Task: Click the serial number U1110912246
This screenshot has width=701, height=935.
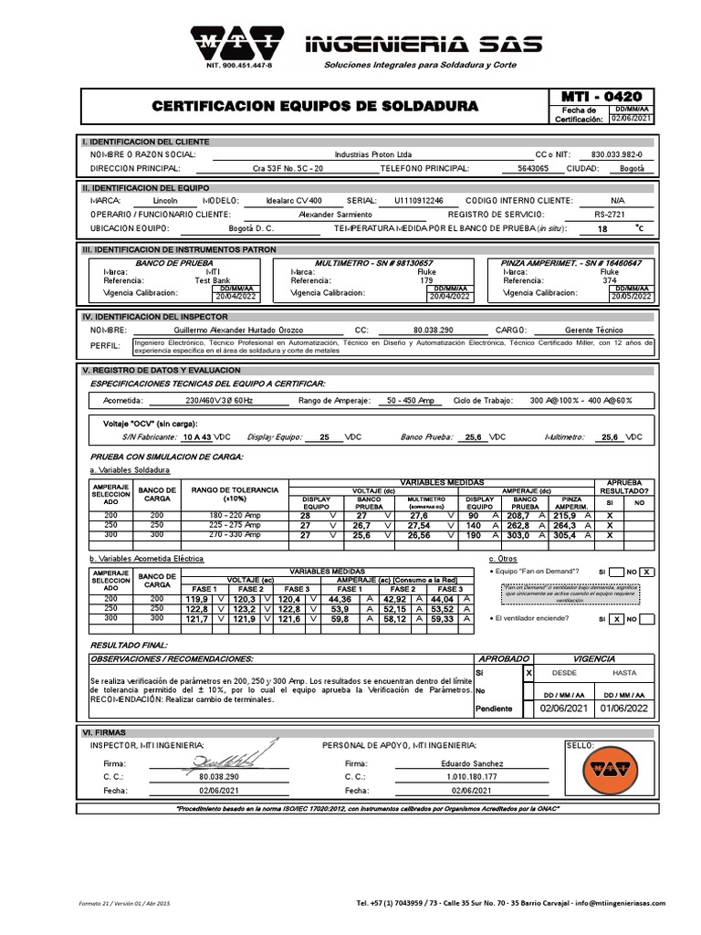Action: coord(419,199)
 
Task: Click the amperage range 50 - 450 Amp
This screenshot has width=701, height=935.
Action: coord(411,401)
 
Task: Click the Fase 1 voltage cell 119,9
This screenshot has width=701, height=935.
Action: coord(199,600)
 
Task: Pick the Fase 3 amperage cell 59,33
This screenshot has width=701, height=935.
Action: coord(442,621)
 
